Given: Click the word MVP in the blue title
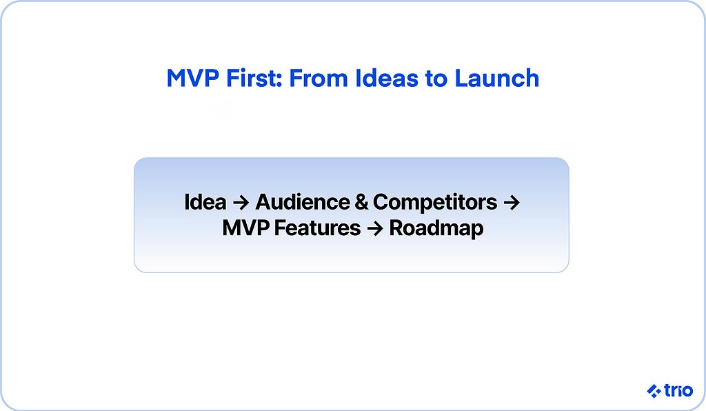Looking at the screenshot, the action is (x=193, y=79).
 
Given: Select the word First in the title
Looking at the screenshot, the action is (x=251, y=79).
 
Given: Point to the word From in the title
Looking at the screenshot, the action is (x=319, y=79).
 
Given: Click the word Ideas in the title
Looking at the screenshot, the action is (x=387, y=79).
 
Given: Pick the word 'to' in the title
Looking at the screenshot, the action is (x=436, y=79).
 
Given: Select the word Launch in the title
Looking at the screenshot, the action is (x=496, y=79).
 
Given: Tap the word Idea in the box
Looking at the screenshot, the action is (x=205, y=202).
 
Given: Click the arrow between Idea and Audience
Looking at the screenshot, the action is (x=241, y=203).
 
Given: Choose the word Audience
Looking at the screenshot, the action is (x=303, y=202).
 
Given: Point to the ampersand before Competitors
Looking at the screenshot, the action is (x=361, y=202).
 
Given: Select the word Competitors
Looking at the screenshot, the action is (x=435, y=203).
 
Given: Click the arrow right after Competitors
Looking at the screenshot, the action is (x=512, y=203).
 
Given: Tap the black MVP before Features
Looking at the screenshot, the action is (x=246, y=228).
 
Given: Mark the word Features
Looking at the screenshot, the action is (x=317, y=228).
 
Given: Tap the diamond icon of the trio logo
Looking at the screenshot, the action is (x=654, y=391).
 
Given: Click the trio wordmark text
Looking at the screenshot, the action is (x=678, y=390).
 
